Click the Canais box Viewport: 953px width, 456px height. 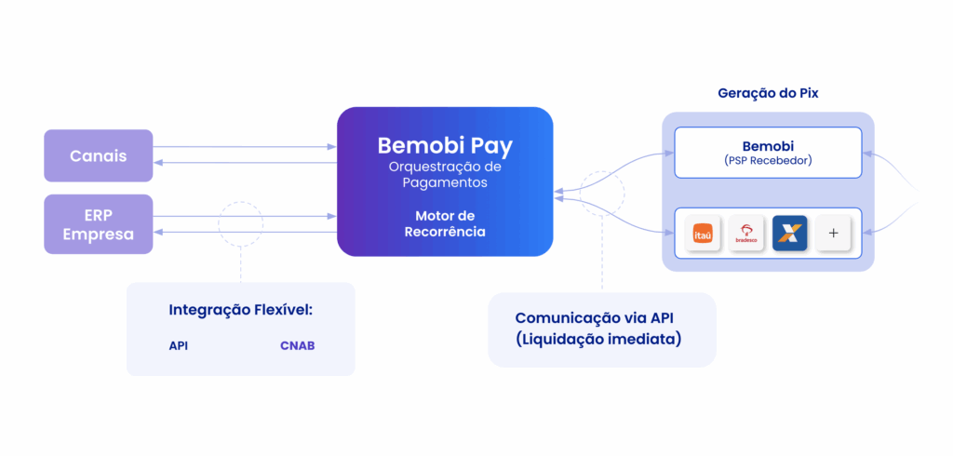[x=98, y=155]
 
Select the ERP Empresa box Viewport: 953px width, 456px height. [x=98, y=224]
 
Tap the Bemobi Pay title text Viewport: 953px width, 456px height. [x=445, y=146]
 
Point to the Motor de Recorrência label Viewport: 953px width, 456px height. [x=445, y=223]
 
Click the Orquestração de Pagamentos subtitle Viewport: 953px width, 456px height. [x=445, y=175]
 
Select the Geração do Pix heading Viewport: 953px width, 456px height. [x=768, y=93]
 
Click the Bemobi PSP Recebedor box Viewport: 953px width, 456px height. [x=768, y=152]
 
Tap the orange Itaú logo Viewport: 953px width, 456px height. [x=703, y=234]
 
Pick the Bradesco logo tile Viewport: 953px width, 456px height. [x=745, y=234]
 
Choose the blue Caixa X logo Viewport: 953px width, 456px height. [x=789, y=234]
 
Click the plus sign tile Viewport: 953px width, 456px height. [x=833, y=234]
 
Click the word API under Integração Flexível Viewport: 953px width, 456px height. [x=179, y=346]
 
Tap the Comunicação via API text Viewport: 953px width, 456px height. [x=601, y=317]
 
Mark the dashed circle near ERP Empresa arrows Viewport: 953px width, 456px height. [x=241, y=224]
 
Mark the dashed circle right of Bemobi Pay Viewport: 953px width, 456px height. [x=601, y=194]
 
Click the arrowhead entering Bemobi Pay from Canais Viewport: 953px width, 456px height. [x=331, y=147]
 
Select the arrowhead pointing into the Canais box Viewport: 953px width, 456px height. [x=158, y=163]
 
